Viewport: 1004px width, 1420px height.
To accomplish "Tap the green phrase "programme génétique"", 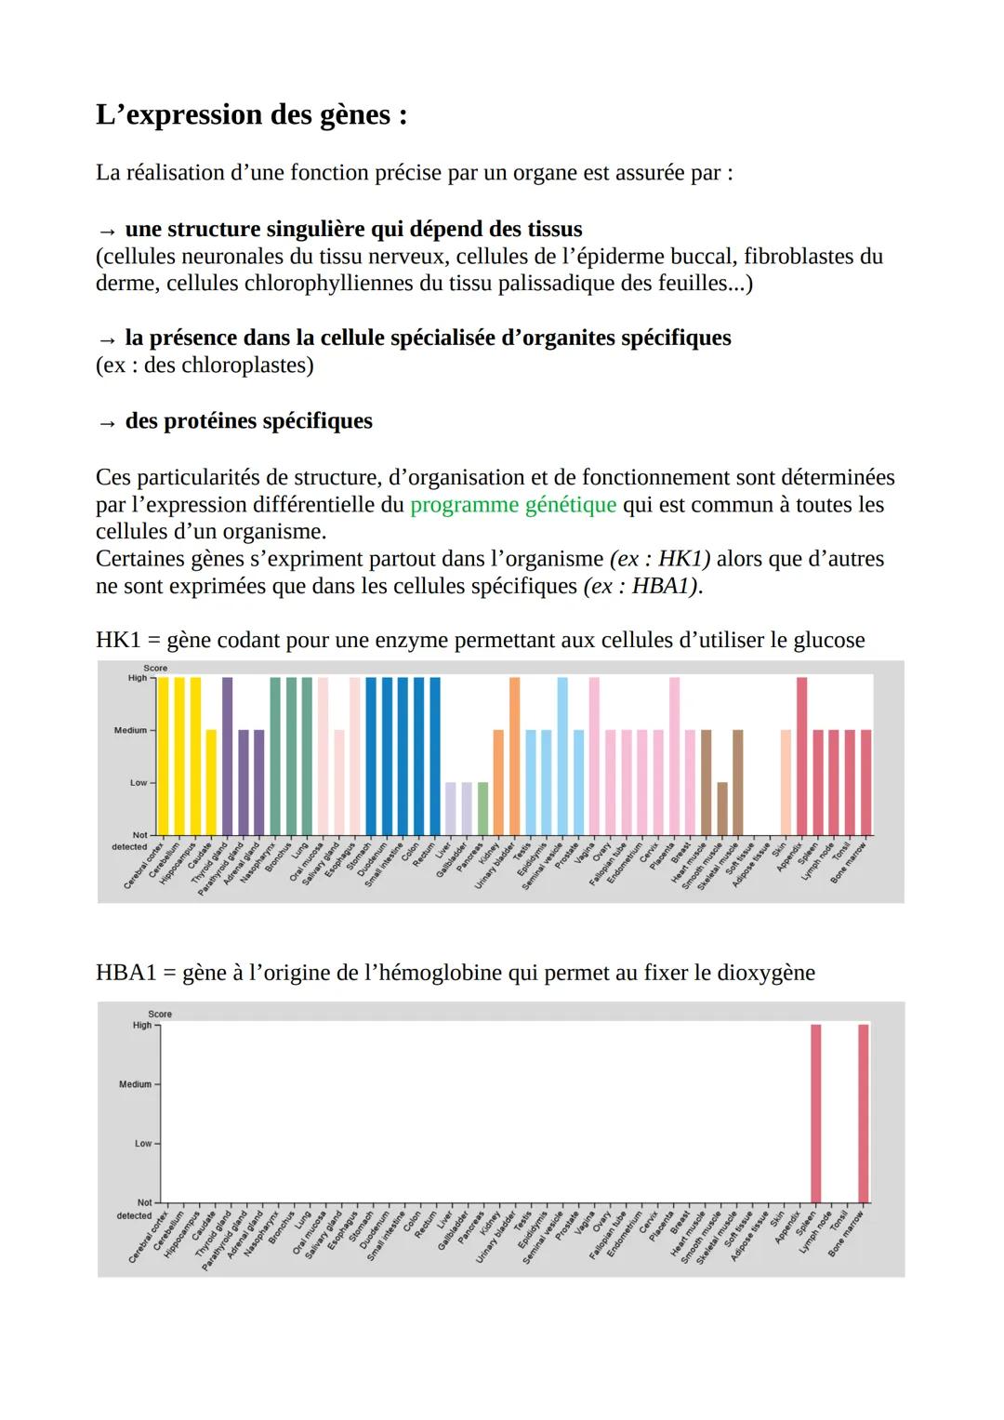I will point(512,505).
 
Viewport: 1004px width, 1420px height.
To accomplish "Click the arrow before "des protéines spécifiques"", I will point(107,423).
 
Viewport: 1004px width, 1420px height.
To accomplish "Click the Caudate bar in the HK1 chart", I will point(211,781).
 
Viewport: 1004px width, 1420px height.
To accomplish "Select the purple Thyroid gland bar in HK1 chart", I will point(227,755).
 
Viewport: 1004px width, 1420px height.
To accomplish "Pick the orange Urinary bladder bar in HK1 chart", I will point(514,755).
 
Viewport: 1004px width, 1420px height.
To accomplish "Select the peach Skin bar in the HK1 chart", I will point(786,781).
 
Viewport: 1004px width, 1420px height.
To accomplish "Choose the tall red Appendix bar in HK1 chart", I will point(801,755).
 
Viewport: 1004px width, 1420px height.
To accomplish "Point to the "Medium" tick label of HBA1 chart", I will point(135,1084).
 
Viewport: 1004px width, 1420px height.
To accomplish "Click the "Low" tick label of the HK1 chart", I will point(138,783).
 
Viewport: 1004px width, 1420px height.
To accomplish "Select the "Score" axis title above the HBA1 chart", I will point(160,1014).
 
